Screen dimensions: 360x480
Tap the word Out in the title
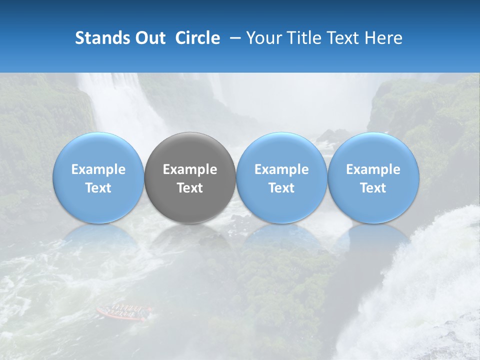click(x=149, y=38)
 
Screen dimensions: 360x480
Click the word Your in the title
click(x=263, y=38)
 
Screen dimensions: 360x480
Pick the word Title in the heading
click(x=303, y=38)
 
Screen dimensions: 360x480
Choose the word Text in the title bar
click(x=343, y=38)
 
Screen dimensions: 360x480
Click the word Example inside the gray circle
click(x=190, y=170)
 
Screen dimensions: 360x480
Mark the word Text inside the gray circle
click(x=190, y=188)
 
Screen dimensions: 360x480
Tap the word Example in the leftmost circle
click(x=98, y=170)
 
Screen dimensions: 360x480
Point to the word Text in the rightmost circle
click(x=373, y=188)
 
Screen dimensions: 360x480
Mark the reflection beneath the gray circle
click(x=190, y=237)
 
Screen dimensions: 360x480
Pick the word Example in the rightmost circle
click(x=373, y=170)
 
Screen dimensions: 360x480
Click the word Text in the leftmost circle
click(x=98, y=188)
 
